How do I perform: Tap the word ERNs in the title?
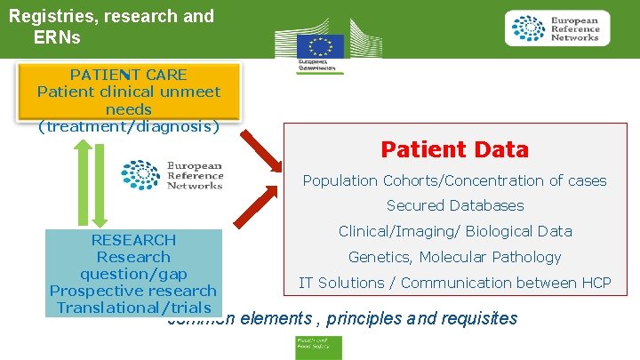click(57, 37)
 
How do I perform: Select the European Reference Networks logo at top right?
click(557, 28)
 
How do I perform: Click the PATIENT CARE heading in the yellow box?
click(128, 75)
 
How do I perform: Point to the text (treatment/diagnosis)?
click(128, 125)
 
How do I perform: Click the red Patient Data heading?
click(454, 149)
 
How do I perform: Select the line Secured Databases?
click(454, 205)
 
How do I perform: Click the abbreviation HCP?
click(595, 283)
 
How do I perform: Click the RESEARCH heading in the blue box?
click(133, 240)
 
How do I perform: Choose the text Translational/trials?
click(133, 308)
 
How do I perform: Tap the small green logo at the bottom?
click(319, 348)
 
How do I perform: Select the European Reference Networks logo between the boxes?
click(172, 175)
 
